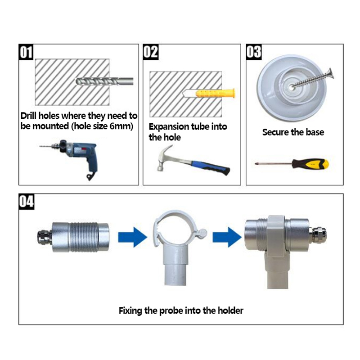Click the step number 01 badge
coord(26,52)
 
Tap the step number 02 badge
coord(151,52)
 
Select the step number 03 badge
coord(254,52)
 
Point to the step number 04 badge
coord(27,201)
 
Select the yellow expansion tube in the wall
coord(216,94)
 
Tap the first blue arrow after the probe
coord(133,237)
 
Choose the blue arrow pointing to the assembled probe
coord(227,237)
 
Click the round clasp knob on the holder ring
coord(202,233)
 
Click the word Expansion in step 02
coord(169,127)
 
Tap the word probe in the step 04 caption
coord(171,311)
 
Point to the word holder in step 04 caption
coord(230,310)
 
